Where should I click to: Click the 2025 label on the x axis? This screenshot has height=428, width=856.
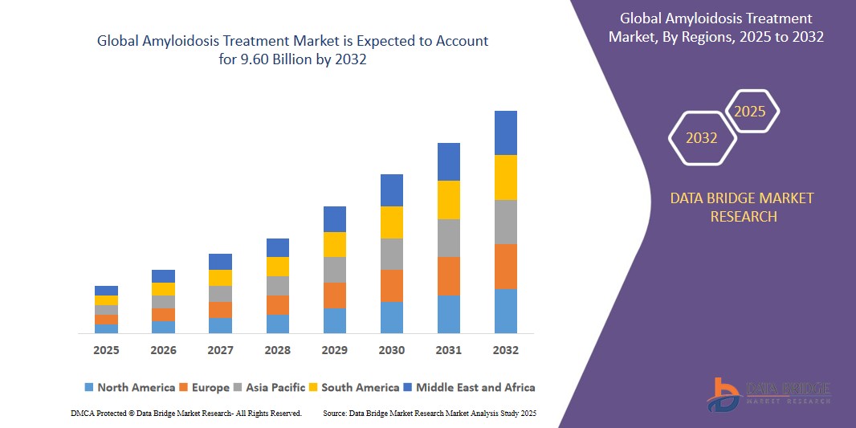(x=106, y=350)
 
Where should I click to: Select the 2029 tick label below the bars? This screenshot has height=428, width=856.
(x=334, y=350)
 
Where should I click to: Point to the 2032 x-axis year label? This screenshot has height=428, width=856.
(x=505, y=350)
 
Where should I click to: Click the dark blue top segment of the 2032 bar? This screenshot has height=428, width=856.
(x=505, y=132)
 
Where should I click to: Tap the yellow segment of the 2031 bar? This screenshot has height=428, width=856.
(x=448, y=200)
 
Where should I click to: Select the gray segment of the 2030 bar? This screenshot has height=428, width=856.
(x=391, y=254)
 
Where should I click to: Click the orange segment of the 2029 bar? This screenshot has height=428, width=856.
(x=334, y=295)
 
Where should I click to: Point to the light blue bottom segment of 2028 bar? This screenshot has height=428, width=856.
(x=277, y=324)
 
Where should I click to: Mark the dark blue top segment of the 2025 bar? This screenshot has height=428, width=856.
(x=106, y=291)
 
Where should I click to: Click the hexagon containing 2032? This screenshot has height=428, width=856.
(x=702, y=138)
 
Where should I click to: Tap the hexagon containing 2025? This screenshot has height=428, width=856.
(x=751, y=112)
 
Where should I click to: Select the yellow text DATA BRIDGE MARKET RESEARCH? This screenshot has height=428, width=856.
(x=742, y=207)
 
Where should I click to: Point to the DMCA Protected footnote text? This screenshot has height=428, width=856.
(x=186, y=413)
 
